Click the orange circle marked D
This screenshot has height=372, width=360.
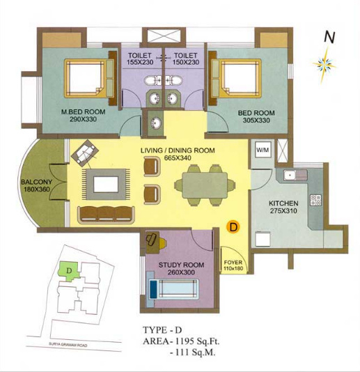click(x=233, y=226)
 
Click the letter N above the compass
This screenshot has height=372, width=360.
click(x=328, y=37)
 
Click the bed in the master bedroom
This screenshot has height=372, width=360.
click(x=88, y=77)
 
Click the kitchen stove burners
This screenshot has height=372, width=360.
click(x=315, y=201)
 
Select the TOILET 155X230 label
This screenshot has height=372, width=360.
click(x=141, y=59)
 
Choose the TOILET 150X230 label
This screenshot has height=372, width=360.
click(x=186, y=59)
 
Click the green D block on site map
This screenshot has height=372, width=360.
click(x=69, y=268)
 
